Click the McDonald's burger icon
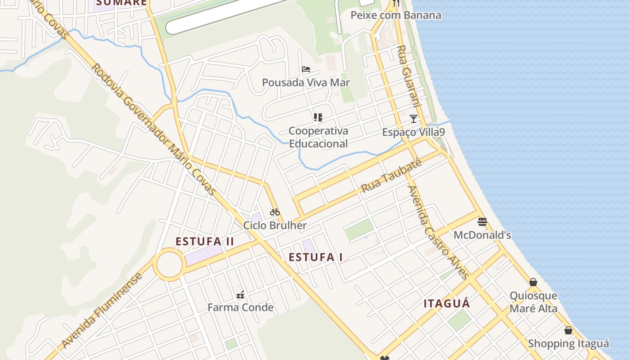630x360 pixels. (x=482, y=221)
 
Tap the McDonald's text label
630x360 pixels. (x=482, y=235)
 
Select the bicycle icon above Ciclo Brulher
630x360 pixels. (x=275, y=212)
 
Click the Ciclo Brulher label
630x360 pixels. (x=275, y=225)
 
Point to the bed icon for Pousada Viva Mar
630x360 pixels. (x=306, y=69)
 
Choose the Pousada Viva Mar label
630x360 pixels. (x=306, y=83)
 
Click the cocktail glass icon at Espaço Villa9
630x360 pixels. (x=414, y=119)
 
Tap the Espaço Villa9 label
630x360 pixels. (x=414, y=132)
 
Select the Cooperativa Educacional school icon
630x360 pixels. (x=318, y=117)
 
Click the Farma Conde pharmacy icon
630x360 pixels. (x=240, y=295)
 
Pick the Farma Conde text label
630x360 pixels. (x=240, y=308)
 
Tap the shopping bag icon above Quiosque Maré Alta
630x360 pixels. (x=533, y=282)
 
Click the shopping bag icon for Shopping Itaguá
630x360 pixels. (x=568, y=330)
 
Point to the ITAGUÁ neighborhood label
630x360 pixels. (x=447, y=303)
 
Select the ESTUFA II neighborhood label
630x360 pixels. (x=205, y=242)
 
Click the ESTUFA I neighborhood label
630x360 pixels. (x=316, y=257)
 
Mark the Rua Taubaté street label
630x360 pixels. (x=391, y=175)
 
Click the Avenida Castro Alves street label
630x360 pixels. (x=438, y=232)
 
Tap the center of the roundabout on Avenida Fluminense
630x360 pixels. (x=169, y=265)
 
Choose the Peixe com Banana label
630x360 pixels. (x=396, y=15)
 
